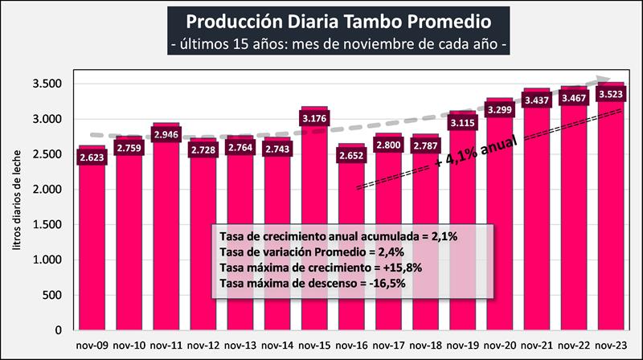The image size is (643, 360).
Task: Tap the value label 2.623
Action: click(92, 157)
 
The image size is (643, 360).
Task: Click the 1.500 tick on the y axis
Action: click(50, 225)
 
